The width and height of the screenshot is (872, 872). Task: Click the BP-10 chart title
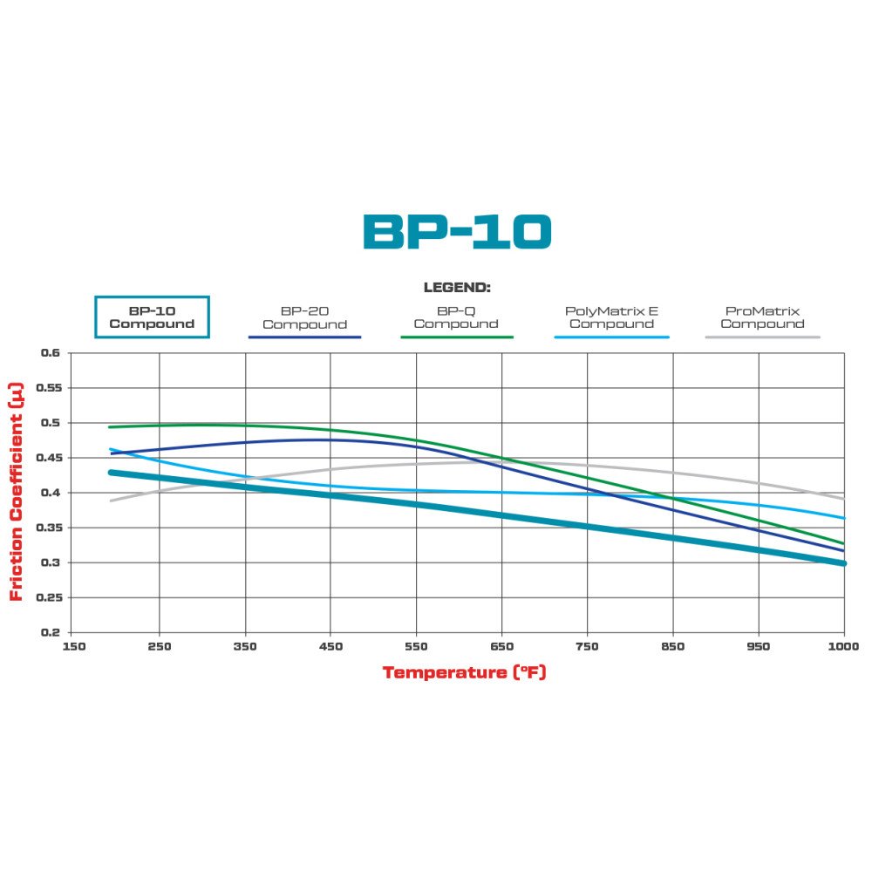[x=457, y=232]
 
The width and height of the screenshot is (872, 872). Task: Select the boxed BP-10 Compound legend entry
[x=152, y=317]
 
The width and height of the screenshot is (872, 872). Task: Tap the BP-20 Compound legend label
[x=304, y=317]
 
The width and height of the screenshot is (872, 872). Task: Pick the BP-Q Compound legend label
[x=456, y=317]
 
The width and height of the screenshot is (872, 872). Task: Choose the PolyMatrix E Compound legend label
[x=611, y=317]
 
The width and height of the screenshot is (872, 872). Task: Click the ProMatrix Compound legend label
[x=762, y=317]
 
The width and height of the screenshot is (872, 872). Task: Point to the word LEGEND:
[x=457, y=287]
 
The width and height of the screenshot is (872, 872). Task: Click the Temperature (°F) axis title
[x=464, y=672]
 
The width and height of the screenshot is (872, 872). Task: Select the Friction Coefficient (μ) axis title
[x=16, y=492]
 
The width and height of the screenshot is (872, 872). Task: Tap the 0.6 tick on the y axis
[x=50, y=353]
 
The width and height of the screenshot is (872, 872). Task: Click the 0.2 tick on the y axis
[x=50, y=632]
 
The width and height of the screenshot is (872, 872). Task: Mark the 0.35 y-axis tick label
[x=46, y=528]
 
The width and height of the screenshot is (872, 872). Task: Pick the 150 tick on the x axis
[x=72, y=647]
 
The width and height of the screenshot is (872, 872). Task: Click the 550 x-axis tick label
[x=415, y=647]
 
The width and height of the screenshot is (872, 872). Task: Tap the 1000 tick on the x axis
[x=843, y=647]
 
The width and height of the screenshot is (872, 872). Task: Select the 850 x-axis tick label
[x=673, y=647]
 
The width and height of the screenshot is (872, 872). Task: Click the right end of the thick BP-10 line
[x=843, y=563]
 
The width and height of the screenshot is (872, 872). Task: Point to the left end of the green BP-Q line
[x=109, y=427]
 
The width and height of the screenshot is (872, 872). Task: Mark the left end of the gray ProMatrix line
[x=111, y=501]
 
